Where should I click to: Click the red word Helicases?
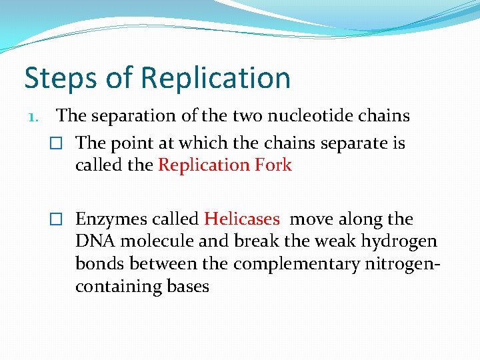[x=242, y=219]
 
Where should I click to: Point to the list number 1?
[x=33, y=117]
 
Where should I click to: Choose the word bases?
[x=189, y=287]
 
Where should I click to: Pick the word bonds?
[x=100, y=265]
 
